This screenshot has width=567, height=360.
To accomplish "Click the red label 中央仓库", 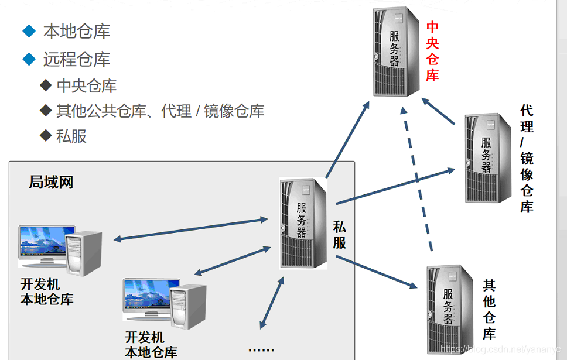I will pos(432,52).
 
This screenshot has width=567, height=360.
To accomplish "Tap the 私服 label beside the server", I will pos(340,234).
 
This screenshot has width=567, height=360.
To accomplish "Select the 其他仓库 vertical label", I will pos(489,310).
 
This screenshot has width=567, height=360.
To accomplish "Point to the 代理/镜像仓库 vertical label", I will pos(527,159).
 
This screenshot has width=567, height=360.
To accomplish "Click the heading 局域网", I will pos(51,182).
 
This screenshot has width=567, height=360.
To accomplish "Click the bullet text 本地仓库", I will pos(77,32).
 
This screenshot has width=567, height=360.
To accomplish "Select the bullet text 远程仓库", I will pos(77,59).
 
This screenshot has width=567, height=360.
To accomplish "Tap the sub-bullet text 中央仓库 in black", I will pos(87,86).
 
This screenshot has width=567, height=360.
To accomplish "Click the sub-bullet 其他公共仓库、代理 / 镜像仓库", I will pos(160,111).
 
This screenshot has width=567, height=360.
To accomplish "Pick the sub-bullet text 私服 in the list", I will pos(71,136).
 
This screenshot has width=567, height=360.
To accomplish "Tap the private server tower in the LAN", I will pos(302,222).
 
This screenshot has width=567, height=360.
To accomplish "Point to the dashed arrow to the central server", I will pos(416,181).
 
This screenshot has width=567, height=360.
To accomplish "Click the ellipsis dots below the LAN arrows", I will pos(261,350).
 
